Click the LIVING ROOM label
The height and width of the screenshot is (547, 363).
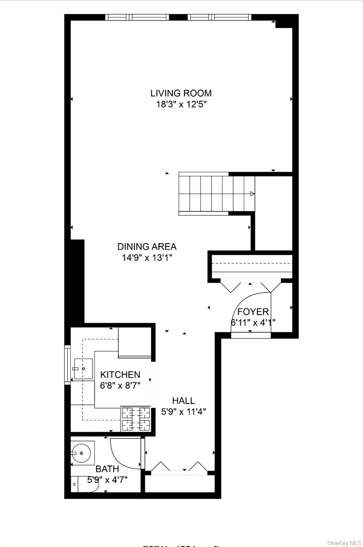click(181, 93)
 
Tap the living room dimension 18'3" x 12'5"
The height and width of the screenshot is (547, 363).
click(181, 105)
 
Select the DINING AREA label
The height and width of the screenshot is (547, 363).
click(147, 246)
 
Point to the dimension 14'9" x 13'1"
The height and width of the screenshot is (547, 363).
click(147, 258)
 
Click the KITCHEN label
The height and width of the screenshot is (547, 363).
click(120, 375)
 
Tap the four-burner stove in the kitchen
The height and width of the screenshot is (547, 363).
click(136, 419)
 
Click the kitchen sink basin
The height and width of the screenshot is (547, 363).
click(83, 369)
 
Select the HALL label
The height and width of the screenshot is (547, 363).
click(183, 401)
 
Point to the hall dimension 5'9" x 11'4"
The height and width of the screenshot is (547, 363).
click(183, 412)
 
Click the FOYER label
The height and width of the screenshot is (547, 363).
click(253, 312)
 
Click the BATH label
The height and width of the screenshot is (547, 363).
click(107, 469)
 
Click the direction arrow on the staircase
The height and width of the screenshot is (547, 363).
click(252, 194)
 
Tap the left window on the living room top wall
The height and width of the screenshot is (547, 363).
click(137, 17)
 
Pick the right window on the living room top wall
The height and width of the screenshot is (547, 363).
click(219, 17)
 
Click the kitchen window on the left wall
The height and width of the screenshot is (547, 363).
click(67, 365)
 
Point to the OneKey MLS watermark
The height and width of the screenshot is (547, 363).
click(344, 543)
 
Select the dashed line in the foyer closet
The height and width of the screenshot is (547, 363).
click(252, 264)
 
